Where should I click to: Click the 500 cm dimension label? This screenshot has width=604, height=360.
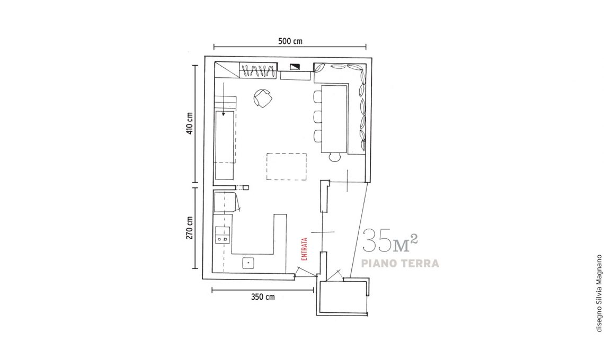click(290, 41)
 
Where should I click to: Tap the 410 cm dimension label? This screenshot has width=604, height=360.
click(190, 123)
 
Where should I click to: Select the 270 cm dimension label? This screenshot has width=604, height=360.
click(190, 228)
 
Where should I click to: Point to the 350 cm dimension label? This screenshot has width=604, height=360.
click(263, 297)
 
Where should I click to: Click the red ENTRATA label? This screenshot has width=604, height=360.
click(304, 249)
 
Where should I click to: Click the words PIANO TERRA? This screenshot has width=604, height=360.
click(400, 263)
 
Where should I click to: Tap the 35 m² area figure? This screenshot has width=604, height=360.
click(390, 241)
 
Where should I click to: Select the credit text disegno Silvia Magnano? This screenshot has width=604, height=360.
click(599, 293)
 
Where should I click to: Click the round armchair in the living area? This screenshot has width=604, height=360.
click(263, 98)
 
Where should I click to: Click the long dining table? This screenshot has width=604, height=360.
click(334, 119)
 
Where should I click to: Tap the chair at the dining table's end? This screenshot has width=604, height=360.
click(335, 157)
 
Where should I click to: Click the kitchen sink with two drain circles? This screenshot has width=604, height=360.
click(223, 236)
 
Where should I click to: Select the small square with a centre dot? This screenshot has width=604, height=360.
click(248, 263)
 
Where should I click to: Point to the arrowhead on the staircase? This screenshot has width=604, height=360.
click(224, 114)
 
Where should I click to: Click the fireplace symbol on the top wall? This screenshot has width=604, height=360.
click(295, 66)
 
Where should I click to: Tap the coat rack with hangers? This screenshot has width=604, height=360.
click(258, 70)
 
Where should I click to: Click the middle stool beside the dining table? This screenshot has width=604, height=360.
click(318, 116)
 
